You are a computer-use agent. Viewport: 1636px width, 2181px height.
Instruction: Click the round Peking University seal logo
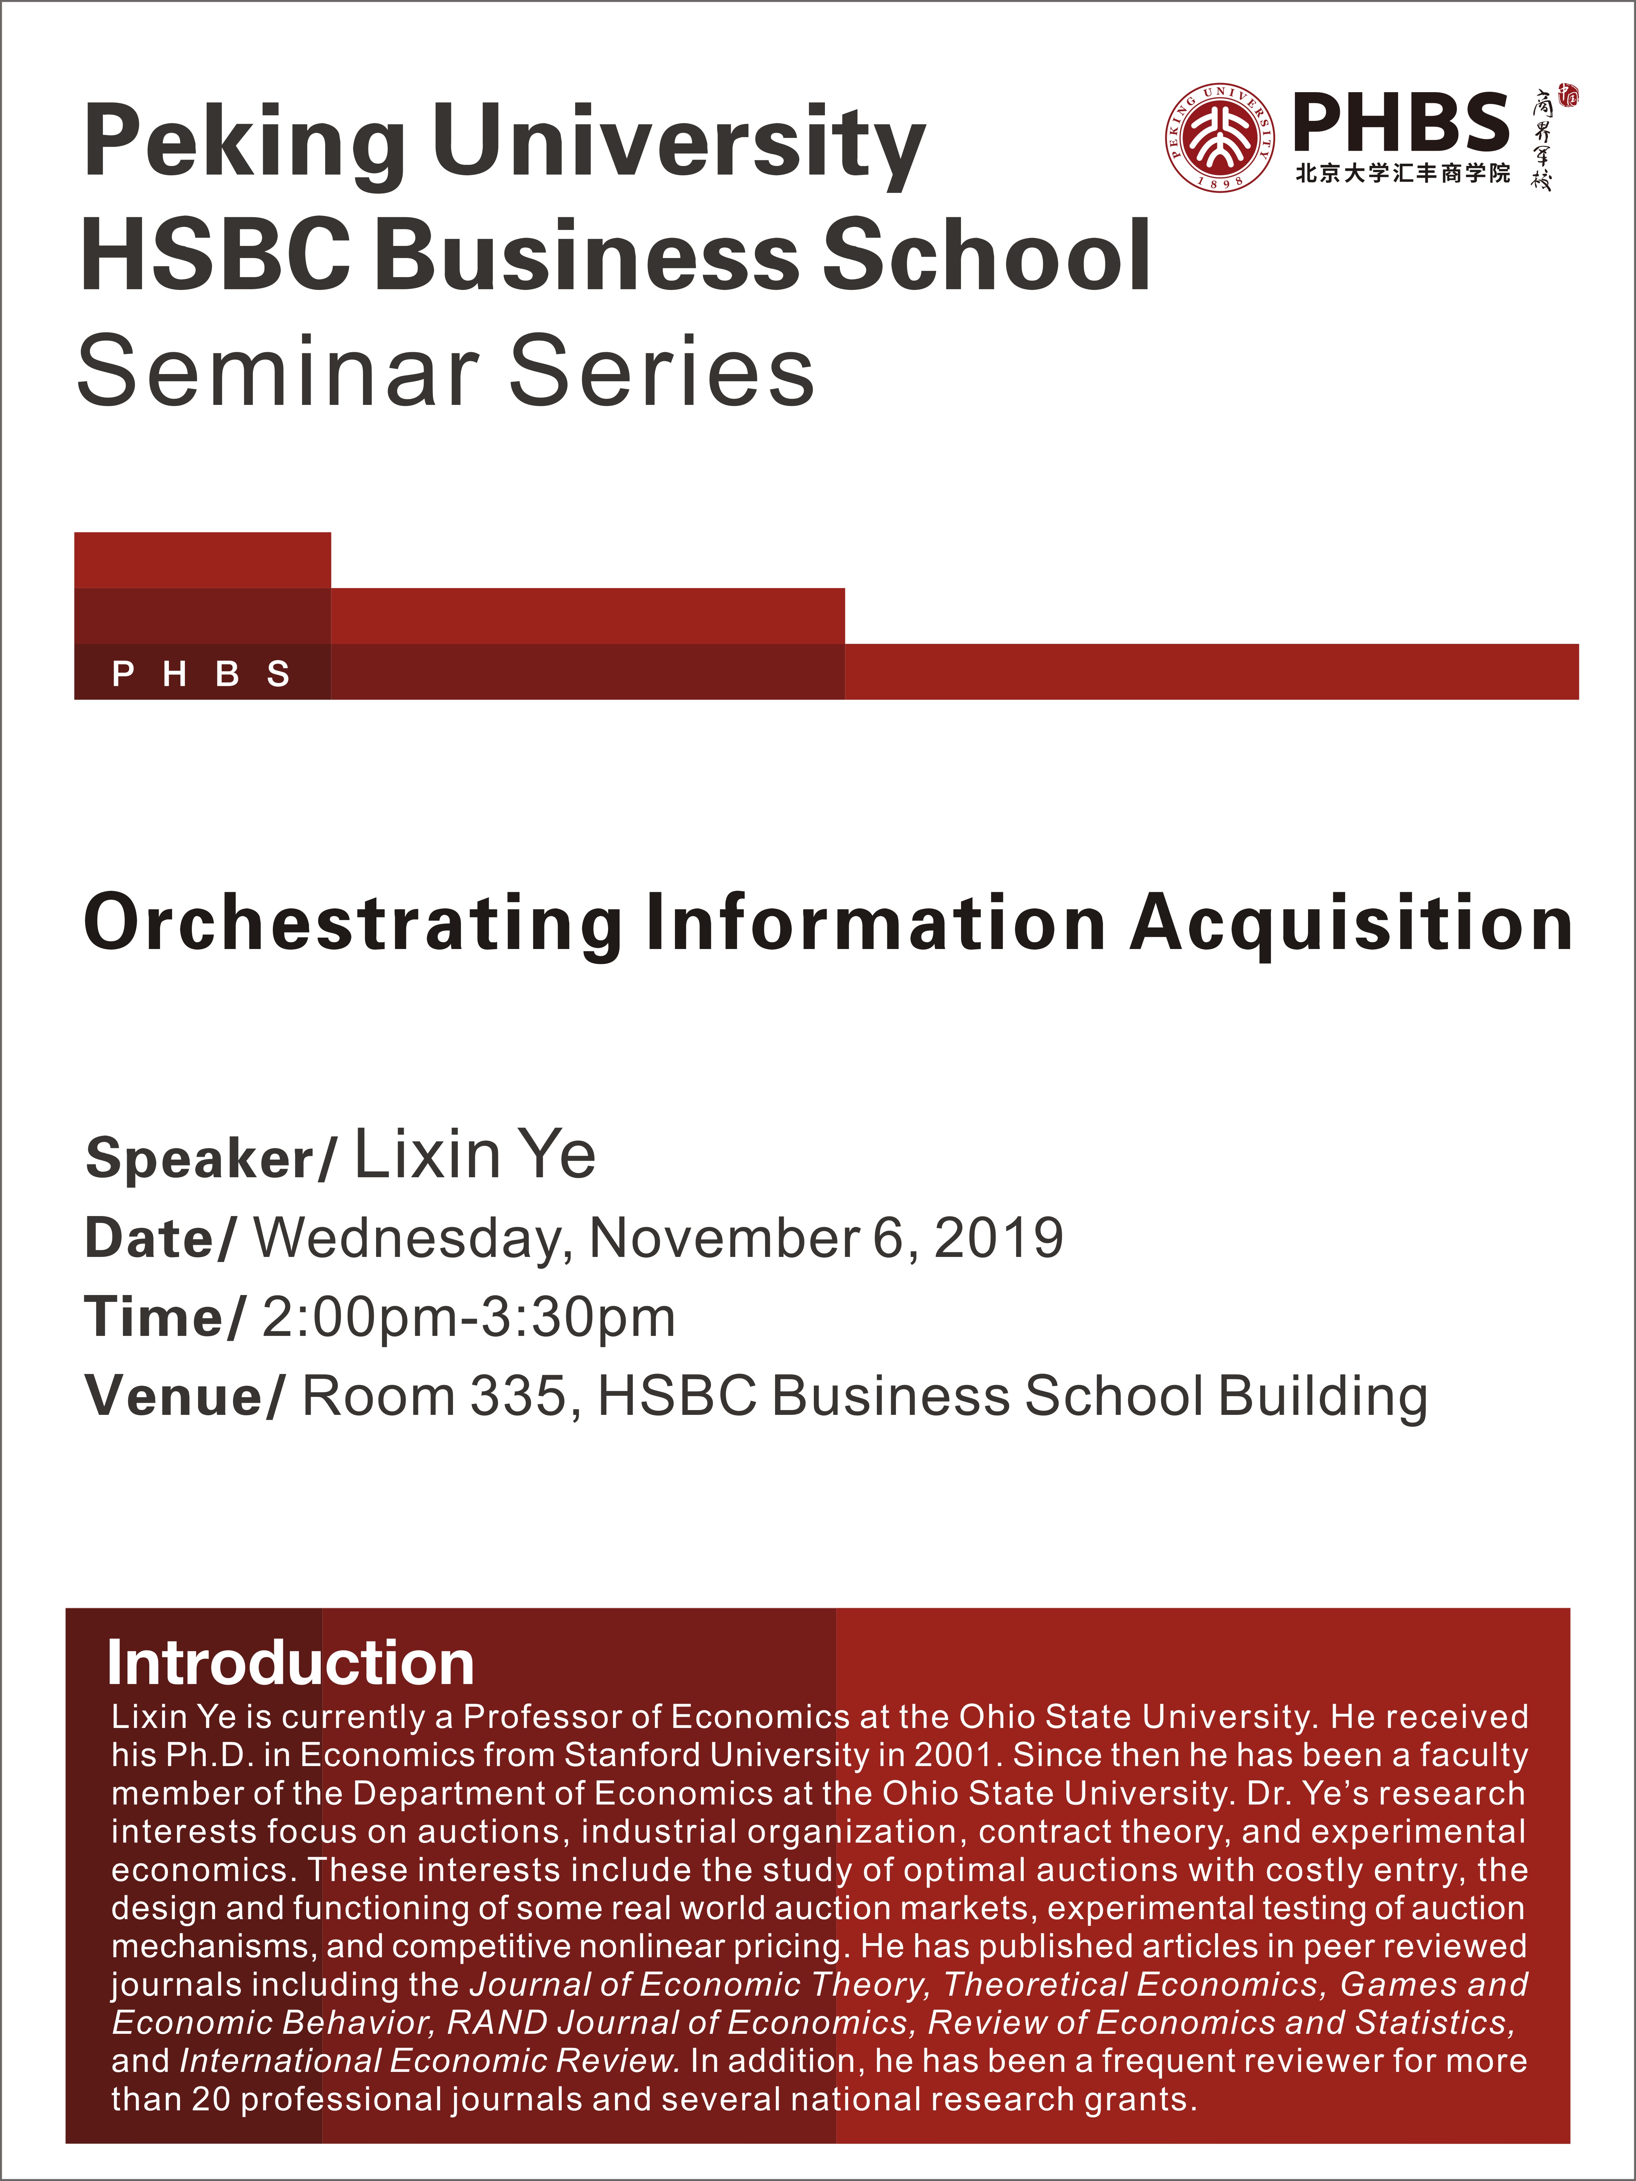coord(1221,137)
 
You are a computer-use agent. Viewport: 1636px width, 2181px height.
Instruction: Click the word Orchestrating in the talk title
coord(353,924)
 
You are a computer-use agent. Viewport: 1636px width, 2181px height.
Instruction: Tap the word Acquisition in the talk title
coord(1351,924)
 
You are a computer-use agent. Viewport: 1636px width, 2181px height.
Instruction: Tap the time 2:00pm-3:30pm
coord(469,1317)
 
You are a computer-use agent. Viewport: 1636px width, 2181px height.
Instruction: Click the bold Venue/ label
coord(185,1396)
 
